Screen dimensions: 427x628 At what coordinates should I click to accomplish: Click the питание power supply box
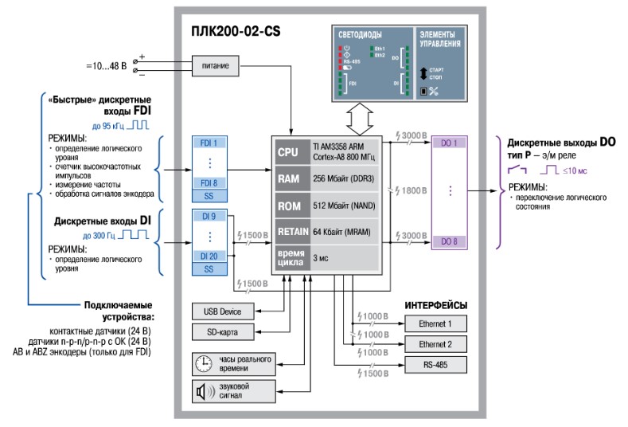coord(215,66)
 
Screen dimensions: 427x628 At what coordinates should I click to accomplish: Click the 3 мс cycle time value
coord(320,259)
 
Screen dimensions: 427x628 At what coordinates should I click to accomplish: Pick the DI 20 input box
coord(209,256)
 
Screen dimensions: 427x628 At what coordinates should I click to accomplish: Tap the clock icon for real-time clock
coord(201,363)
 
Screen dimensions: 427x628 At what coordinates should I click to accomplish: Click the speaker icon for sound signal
coord(201,391)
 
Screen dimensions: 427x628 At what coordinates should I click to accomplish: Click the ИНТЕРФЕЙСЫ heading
coord(435,305)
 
